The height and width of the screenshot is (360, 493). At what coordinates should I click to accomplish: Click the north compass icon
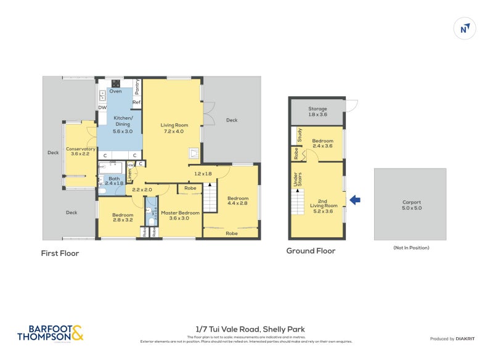point(464,28)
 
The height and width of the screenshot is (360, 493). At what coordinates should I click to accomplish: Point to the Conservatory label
point(80,152)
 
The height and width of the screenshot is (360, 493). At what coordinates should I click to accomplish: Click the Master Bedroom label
point(180,216)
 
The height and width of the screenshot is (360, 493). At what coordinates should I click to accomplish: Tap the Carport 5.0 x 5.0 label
point(411,205)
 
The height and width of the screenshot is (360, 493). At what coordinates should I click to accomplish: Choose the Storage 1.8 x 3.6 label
point(317,112)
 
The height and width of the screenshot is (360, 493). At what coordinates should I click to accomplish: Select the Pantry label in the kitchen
point(137,86)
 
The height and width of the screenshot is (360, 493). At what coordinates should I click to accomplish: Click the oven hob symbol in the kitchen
point(115,83)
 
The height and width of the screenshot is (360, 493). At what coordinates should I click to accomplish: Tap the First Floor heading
point(60,253)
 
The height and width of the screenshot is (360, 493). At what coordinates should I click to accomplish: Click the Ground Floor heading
point(311,251)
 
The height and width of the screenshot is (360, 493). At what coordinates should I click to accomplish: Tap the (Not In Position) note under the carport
point(411,248)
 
